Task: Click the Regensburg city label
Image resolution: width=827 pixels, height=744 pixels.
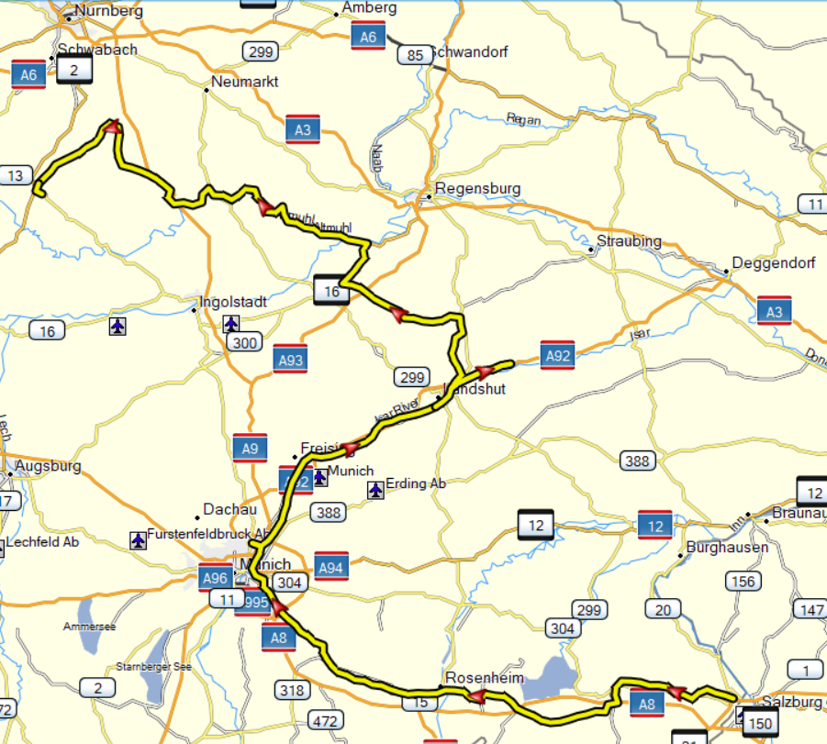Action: (x=477, y=189)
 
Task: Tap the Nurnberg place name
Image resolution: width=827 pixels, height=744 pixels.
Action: (x=111, y=12)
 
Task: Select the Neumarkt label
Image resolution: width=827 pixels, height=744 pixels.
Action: (x=244, y=82)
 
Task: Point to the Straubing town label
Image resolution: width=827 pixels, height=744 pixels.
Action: (x=629, y=241)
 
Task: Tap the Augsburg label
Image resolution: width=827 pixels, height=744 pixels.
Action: (x=47, y=466)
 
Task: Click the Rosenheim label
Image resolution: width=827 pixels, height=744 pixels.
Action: (x=484, y=678)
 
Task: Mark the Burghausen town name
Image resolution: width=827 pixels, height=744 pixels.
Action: (x=727, y=549)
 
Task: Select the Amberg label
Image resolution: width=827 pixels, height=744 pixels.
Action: (x=369, y=8)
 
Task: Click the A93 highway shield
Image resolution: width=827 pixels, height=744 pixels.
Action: (x=290, y=361)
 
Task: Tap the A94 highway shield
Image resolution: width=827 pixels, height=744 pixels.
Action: (x=330, y=567)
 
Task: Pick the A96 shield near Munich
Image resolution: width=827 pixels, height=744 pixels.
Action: (x=217, y=577)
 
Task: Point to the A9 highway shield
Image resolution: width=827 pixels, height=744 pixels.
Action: (x=250, y=448)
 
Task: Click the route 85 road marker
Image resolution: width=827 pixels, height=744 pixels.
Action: (x=415, y=55)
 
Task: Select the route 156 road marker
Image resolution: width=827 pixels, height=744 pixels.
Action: (x=742, y=581)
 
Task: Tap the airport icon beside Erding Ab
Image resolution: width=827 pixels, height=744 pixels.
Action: (x=374, y=490)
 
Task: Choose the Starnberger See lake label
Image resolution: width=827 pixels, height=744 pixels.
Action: (x=154, y=667)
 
